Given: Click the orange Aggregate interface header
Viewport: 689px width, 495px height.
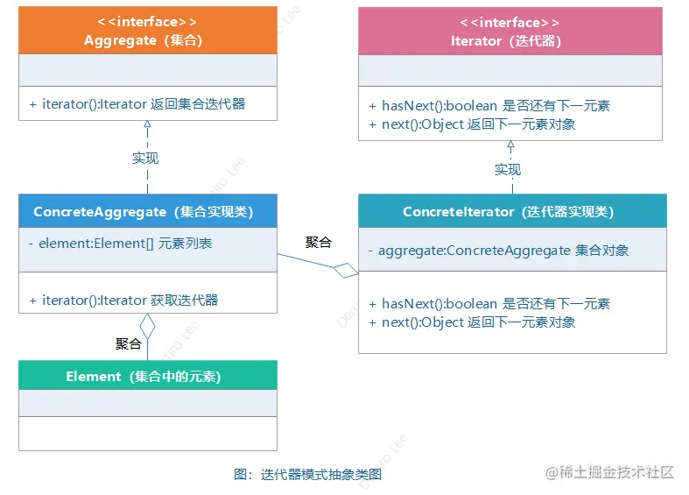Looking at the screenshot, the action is click(147, 30).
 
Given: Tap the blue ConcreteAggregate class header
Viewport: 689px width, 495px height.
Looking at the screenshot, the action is click(147, 211).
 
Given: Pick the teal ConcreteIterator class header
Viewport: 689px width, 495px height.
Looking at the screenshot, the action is click(511, 211).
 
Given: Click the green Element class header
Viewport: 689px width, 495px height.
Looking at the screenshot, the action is click(147, 376).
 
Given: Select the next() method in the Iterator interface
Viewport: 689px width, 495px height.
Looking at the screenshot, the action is click(478, 124).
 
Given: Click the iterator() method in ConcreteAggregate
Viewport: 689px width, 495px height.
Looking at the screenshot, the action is click(130, 300).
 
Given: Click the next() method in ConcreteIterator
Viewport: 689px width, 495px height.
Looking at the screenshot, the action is click(478, 322).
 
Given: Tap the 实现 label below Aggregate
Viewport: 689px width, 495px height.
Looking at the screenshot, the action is click(145, 159).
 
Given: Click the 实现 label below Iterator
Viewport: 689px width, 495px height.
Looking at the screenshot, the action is click(508, 169).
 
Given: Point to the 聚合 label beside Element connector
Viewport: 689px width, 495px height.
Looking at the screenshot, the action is click(129, 343).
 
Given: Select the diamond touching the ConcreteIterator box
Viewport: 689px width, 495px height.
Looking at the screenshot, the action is click(346, 270).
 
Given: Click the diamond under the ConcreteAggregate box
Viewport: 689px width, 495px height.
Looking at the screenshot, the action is click(147, 326).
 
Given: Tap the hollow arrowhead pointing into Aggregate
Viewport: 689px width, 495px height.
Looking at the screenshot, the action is click(147, 125).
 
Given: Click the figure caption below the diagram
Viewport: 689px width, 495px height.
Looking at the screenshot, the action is click(308, 474).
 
